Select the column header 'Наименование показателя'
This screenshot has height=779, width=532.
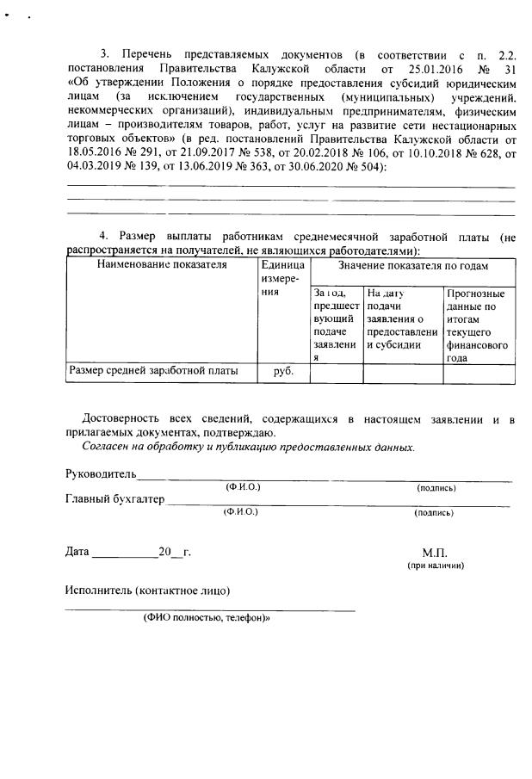click(x=162, y=264)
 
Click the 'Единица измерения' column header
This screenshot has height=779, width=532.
click(x=282, y=277)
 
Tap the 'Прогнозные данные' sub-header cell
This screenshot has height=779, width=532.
click(x=478, y=325)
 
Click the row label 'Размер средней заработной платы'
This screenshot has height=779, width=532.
click(x=152, y=371)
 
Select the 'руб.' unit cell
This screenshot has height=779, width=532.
click(x=283, y=372)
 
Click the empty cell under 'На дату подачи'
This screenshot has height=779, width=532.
click(x=403, y=373)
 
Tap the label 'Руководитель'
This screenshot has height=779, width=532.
click(x=101, y=473)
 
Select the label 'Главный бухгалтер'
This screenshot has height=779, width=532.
click(x=114, y=499)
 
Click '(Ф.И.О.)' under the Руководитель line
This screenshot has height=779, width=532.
click(x=243, y=487)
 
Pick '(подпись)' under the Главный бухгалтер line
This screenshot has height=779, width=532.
click(x=434, y=512)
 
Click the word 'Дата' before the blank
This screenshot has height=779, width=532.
click(x=77, y=552)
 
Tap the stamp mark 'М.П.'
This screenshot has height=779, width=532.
click(x=436, y=553)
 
